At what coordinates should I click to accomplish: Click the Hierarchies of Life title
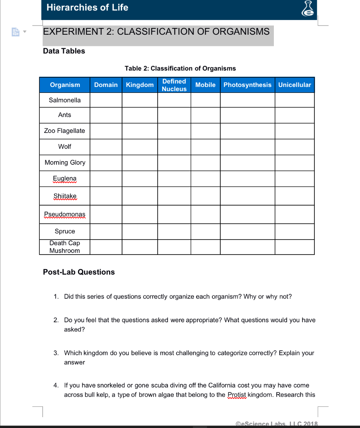point(87,8)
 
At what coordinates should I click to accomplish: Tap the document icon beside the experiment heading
point(14,32)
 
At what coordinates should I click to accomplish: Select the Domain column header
point(106,85)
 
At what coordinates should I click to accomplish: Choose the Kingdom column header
point(140,85)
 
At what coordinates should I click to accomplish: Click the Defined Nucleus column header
point(174,85)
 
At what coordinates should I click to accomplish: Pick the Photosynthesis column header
point(247,85)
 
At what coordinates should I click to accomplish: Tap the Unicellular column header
point(294,85)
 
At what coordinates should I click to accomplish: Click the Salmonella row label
point(65,100)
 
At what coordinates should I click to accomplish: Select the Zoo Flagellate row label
point(65,131)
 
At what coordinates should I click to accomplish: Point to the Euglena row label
point(65,178)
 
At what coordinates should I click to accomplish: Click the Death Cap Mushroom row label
point(65,247)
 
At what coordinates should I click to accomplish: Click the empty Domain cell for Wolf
point(106,147)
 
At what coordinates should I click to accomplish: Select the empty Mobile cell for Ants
point(205,115)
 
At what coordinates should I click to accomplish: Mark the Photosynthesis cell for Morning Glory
point(247,163)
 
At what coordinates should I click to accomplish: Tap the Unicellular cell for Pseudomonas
point(294,214)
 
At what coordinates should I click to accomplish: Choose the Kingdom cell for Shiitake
point(140,196)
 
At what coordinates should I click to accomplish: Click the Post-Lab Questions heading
point(79,272)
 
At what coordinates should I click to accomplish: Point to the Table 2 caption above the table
point(180,69)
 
